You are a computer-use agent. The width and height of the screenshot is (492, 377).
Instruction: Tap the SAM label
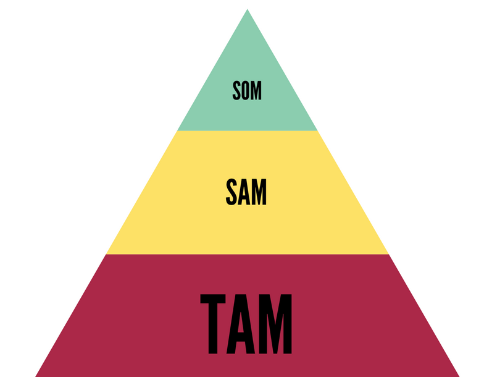point(246,193)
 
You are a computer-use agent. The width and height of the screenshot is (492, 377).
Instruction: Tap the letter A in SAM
point(246,193)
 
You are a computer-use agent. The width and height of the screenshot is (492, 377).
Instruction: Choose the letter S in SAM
point(232,193)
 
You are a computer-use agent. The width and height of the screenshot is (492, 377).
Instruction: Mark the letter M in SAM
point(260,193)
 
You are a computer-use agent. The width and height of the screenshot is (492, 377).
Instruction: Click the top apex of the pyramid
point(247,11)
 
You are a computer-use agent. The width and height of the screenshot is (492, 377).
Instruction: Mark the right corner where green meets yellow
point(317,130)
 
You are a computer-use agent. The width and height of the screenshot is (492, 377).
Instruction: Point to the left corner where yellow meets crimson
point(107,253)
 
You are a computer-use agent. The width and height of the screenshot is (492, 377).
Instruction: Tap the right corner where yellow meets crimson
point(388,253)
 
